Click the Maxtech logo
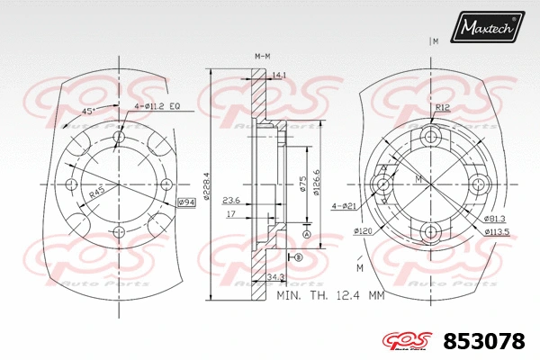pyautogui.click(x=488, y=29)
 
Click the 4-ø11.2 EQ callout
pyautogui.click(x=157, y=106)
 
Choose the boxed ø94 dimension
pyautogui.click(x=186, y=202)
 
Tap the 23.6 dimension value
pyautogui.click(x=230, y=200)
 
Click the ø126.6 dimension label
pyautogui.click(x=317, y=181)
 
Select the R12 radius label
pyautogui.click(x=442, y=107)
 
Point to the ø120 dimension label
pyautogui.click(x=363, y=231)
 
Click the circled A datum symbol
pyautogui.click(x=307, y=234)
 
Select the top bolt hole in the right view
pyautogui.click(x=430, y=137)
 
